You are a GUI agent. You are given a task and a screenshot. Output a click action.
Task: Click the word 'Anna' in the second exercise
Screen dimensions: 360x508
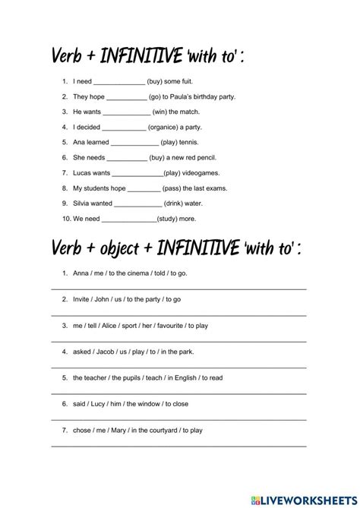click(81, 277)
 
